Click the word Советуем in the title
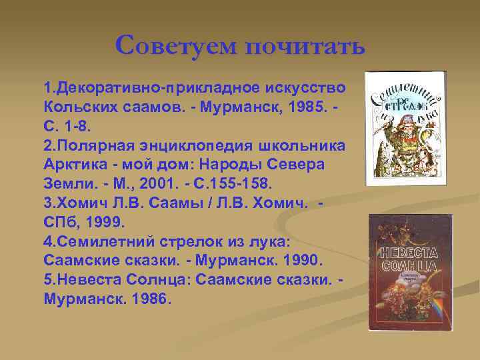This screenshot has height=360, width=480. (175, 47)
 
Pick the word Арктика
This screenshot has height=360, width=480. (73, 163)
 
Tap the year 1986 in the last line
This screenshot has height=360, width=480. (147, 295)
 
